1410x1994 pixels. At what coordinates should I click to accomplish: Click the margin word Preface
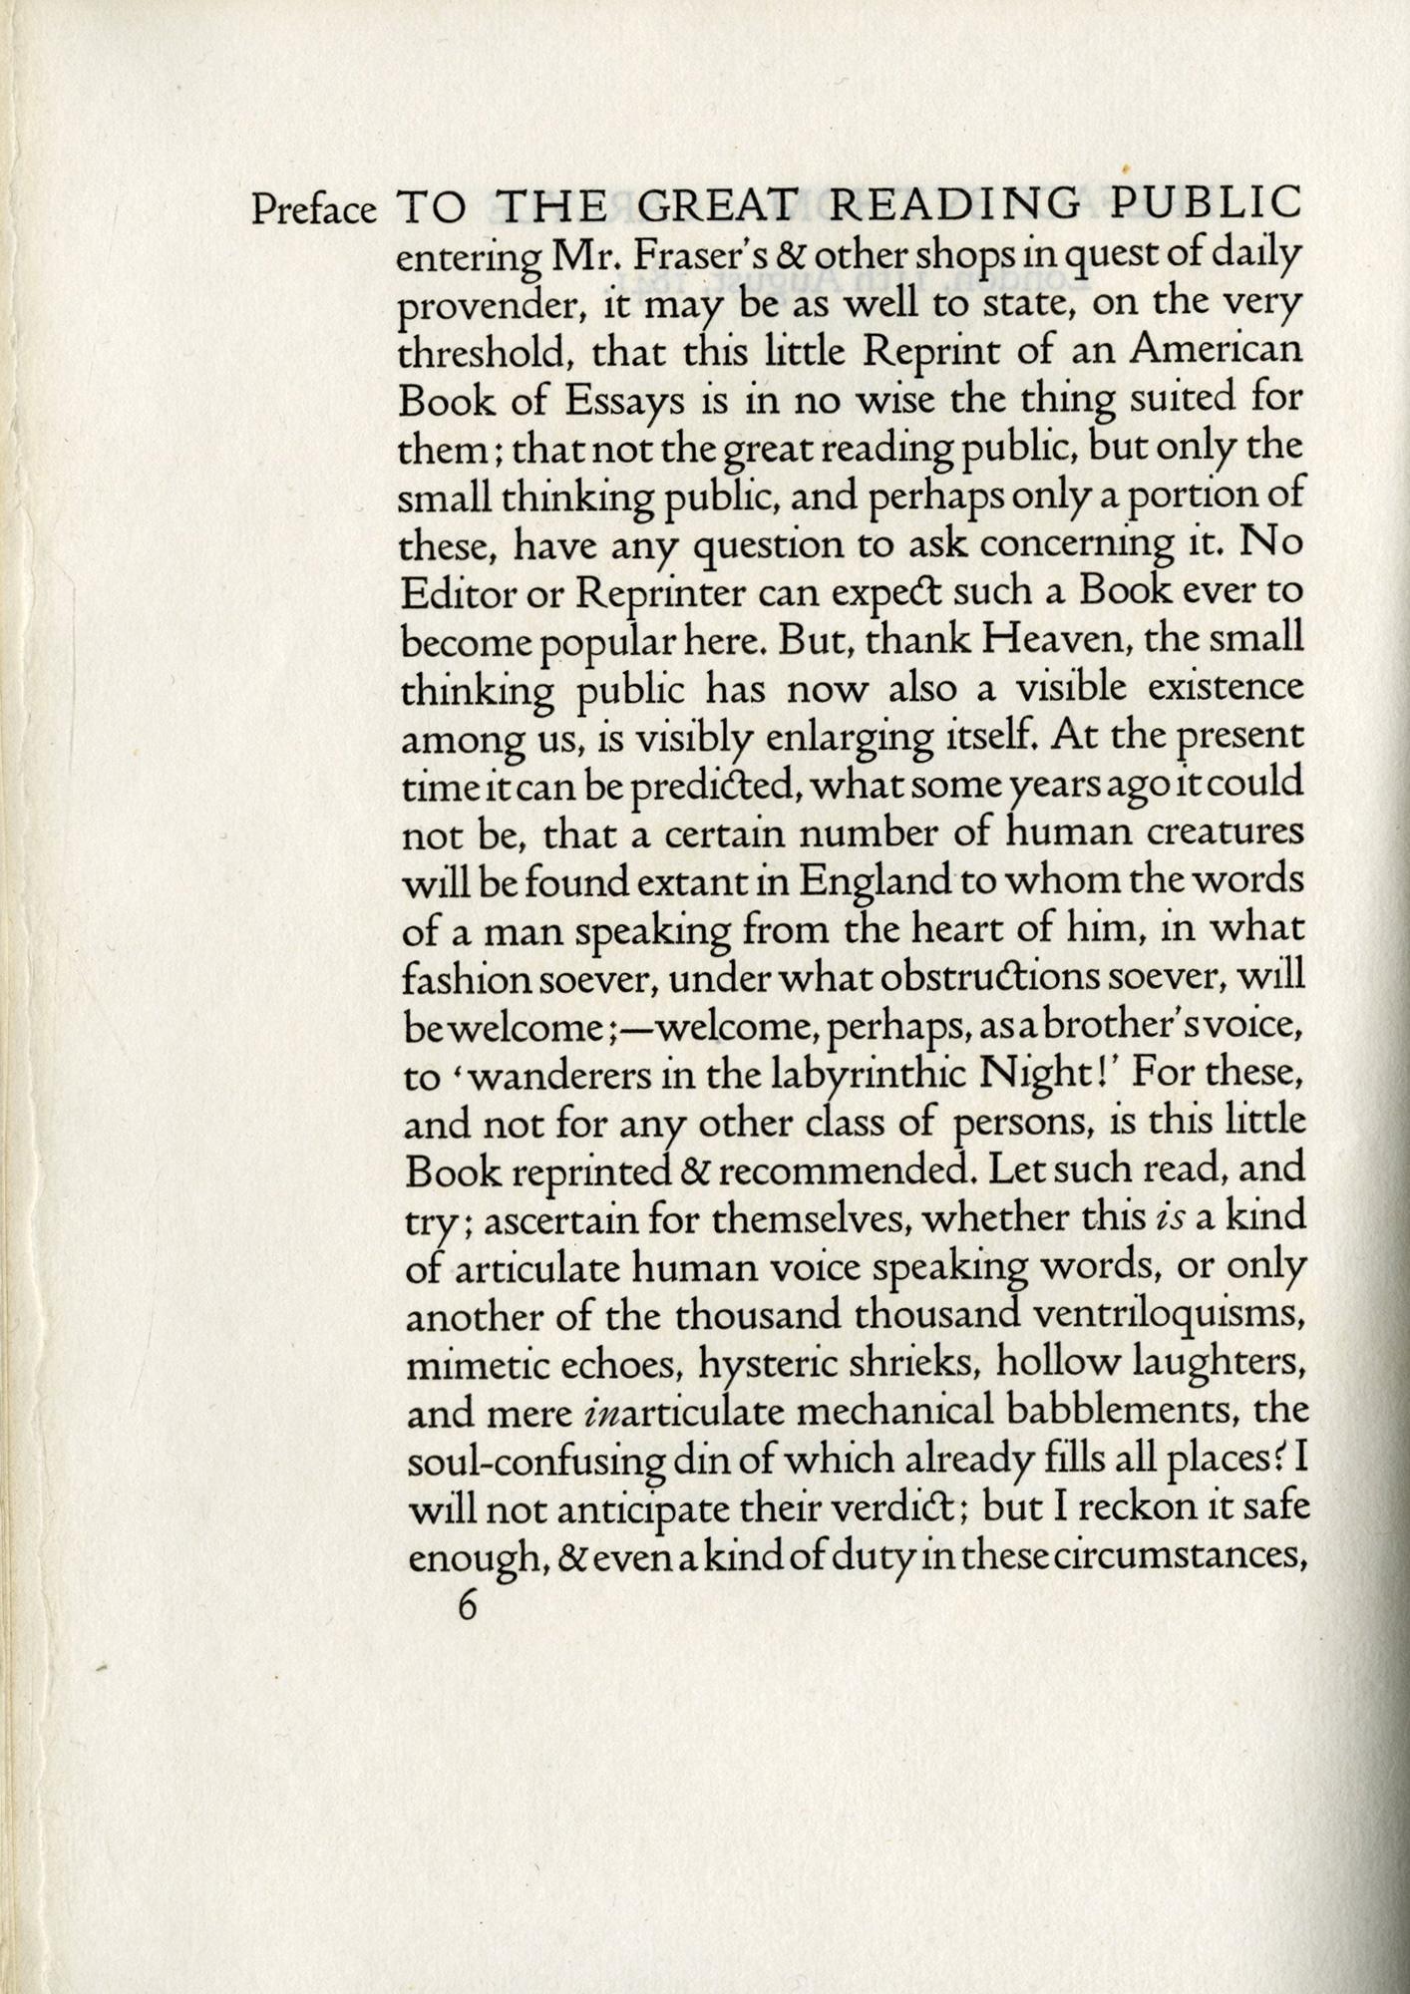314,211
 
